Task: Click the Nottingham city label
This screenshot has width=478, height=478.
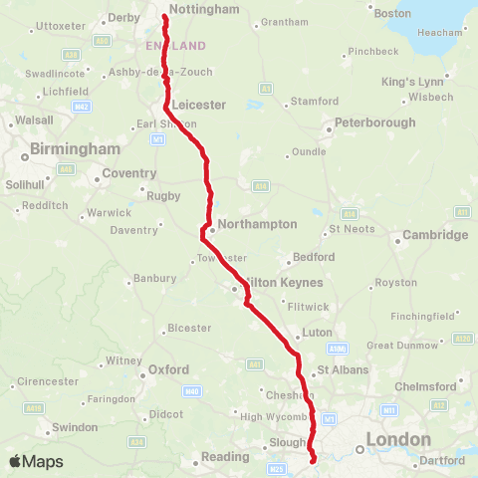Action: pyautogui.click(x=204, y=9)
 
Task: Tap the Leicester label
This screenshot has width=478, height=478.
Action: pyautogui.click(x=199, y=104)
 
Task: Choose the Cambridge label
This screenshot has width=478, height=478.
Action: pyautogui.click(x=434, y=236)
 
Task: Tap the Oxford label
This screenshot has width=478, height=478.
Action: pyautogui.click(x=168, y=368)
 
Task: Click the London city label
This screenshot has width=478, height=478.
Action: pyautogui.click(x=398, y=438)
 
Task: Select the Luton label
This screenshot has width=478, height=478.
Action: pyautogui.click(x=317, y=333)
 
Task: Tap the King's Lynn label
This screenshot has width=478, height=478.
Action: pyautogui.click(x=411, y=80)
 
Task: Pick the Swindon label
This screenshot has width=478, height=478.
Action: pyautogui.click(x=75, y=426)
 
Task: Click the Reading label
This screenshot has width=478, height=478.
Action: pyautogui.click(x=224, y=457)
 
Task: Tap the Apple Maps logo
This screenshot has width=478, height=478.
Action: pyautogui.click(x=35, y=461)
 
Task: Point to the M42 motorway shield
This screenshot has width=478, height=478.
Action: pyautogui.click(x=82, y=106)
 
